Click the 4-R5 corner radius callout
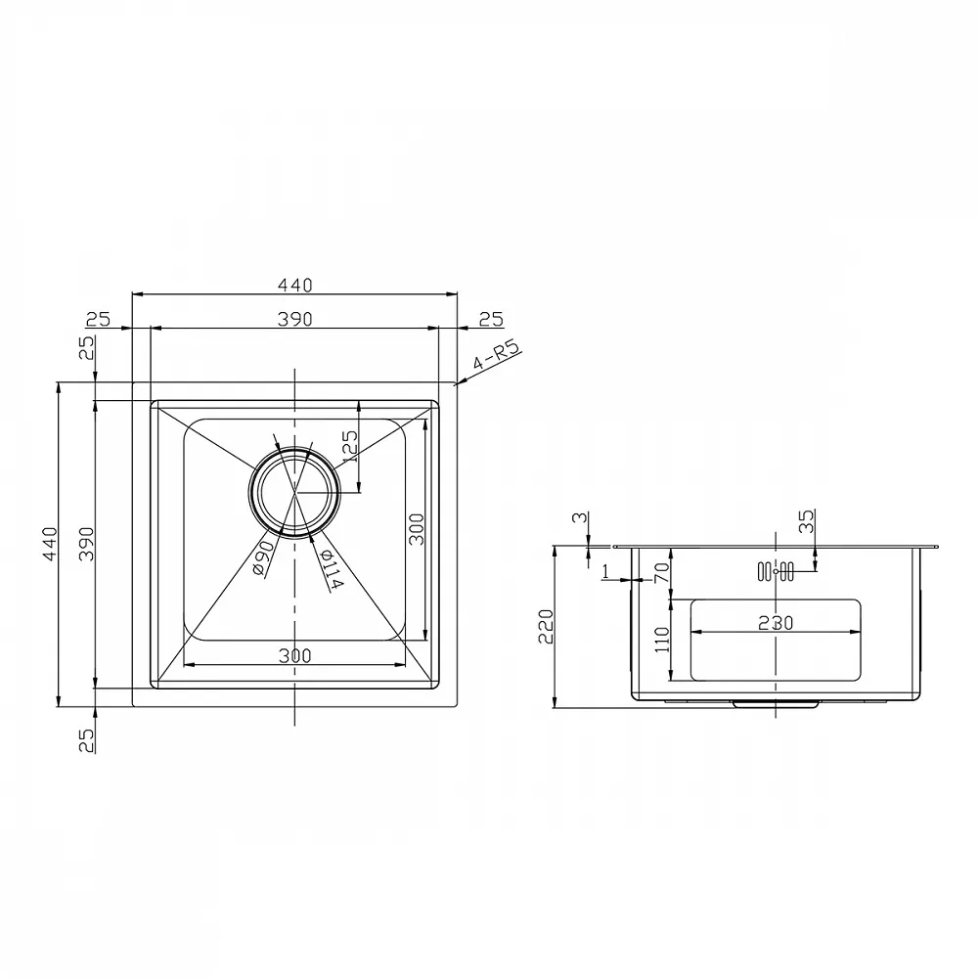(497, 356)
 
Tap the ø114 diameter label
(331, 568)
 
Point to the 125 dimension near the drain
(350, 445)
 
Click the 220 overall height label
(546, 627)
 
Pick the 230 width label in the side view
(776, 622)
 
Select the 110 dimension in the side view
(661, 640)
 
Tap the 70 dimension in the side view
(661, 571)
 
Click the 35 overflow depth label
(806, 521)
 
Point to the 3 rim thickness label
(579, 518)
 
